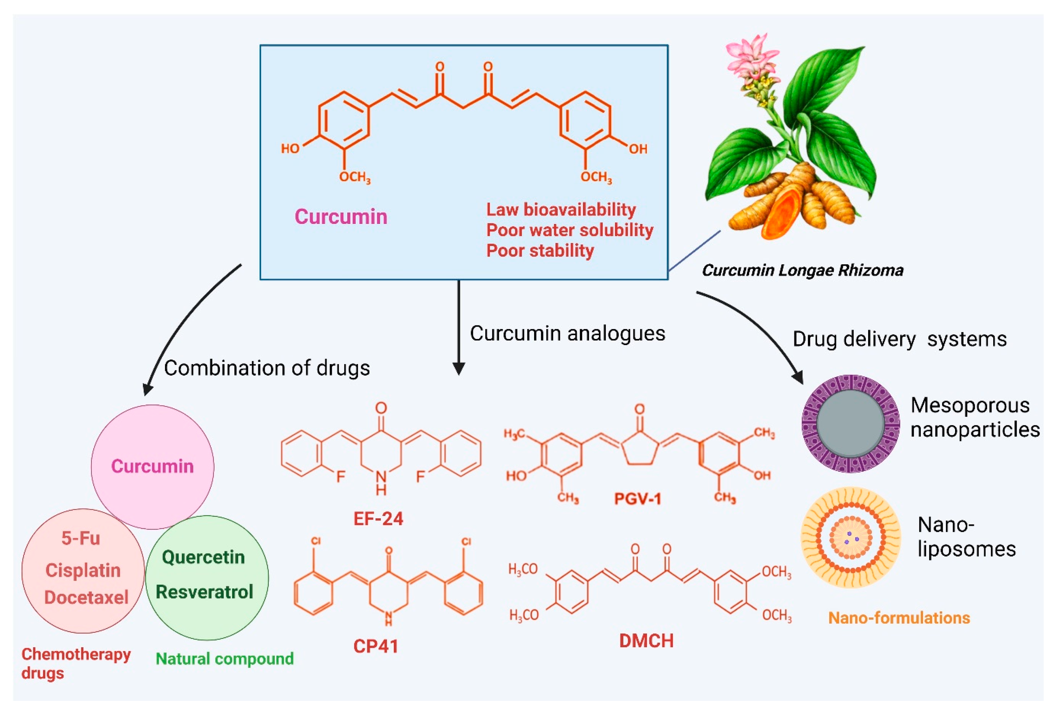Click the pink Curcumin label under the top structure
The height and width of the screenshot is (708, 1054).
[x=341, y=217]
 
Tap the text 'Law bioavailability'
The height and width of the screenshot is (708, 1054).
[x=561, y=209]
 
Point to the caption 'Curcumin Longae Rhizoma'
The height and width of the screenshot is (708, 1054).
[x=802, y=270]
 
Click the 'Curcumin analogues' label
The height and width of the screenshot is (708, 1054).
[x=567, y=334]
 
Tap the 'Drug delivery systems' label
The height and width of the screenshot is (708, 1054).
[x=899, y=339]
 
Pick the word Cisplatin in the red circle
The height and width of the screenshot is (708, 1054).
[x=83, y=570]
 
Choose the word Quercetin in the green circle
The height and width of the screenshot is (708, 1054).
[x=203, y=558]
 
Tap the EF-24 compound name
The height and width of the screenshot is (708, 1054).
[x=378, y=519]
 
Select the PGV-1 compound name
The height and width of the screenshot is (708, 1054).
[x=638, y=499]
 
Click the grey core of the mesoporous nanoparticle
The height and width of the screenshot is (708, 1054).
[x=851, y=423]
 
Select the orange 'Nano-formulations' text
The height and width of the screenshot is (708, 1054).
[x=899, y=618]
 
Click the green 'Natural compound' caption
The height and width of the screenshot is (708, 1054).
[x=224, y=659]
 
